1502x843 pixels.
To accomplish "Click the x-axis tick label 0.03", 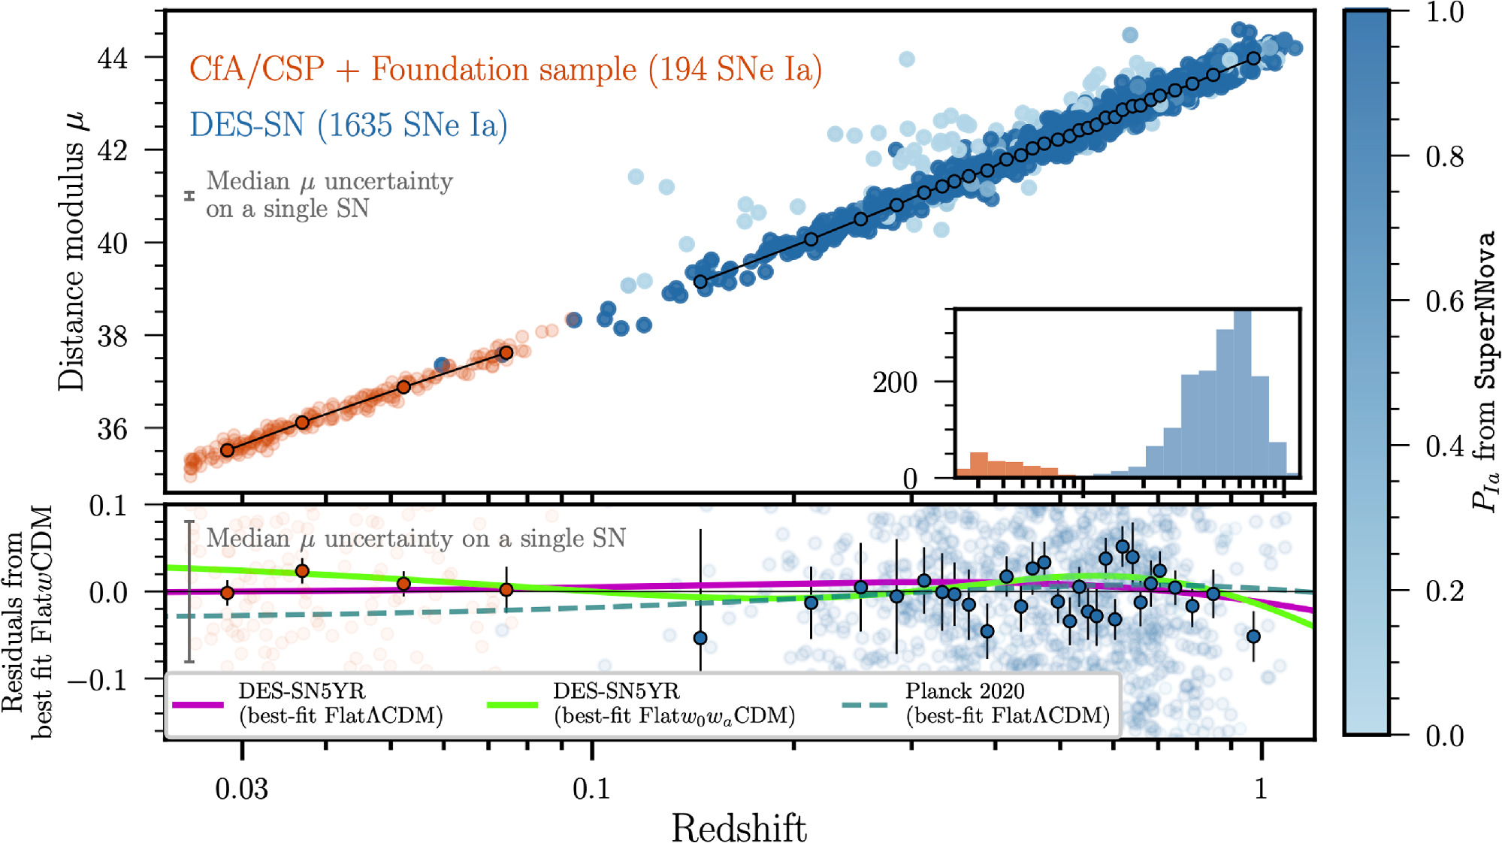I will (x=241, y=788).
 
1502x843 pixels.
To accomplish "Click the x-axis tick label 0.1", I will (x=591, y=788).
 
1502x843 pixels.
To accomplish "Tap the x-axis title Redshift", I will (x=739, y=828).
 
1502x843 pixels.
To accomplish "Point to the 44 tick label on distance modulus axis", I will (x=113, y=58).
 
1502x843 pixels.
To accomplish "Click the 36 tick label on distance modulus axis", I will (x=113, y=429).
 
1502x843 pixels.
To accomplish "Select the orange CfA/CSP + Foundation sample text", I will (x=505, y=69).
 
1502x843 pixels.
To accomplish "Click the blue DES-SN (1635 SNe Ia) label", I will (x=349, y=125).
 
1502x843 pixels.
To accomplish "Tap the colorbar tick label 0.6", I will (x=1444, y=301).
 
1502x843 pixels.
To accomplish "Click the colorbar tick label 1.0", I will (x=1444, y=12).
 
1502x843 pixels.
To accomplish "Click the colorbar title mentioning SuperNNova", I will (x=1483, y=372).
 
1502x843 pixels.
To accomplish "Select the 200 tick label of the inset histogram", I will (x=894, y=382).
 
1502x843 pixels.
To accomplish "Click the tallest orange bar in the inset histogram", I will (x=978, y=464).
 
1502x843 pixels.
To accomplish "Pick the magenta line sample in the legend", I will (x=198, y=705).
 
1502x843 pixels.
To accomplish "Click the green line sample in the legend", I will (x=512, y=705).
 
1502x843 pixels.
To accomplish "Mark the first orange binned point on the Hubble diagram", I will (x=227, y=450).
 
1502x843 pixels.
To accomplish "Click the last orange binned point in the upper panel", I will (x=506, y=352).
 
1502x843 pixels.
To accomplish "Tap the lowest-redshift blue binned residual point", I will (x=700, y=638).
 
